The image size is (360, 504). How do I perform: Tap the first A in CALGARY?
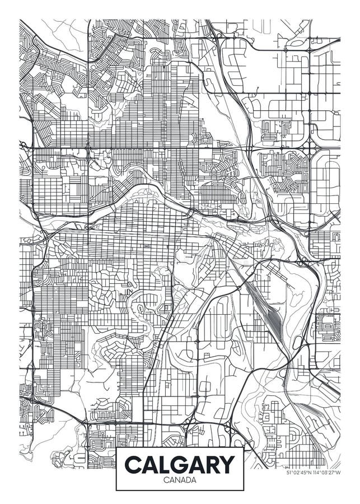tap(151, 464)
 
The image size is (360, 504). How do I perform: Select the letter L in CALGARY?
tap(166, 464)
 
